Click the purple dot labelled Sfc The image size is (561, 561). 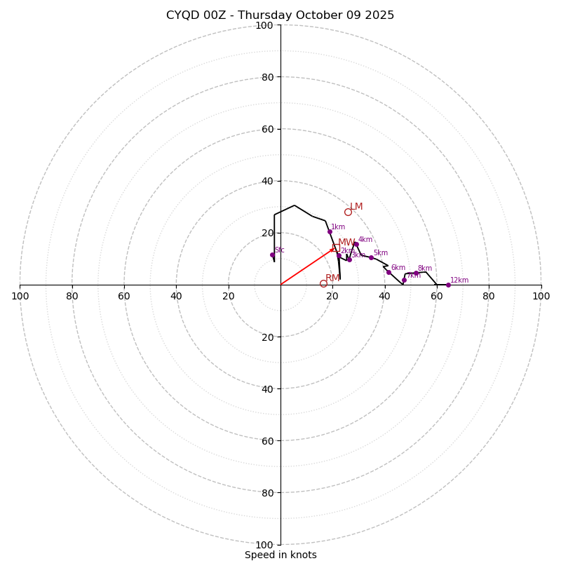coord(273,255)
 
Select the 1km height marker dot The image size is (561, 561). coord(330,231)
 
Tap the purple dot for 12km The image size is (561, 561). coord(448,285)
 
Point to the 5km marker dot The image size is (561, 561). coord(371,257)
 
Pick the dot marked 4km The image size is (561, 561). coord(356,244)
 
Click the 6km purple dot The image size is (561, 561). coord(388,272)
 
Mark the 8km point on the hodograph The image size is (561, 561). coord(415,273)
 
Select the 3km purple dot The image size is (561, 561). coord(349,259)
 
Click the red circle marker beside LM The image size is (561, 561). coord(348,212)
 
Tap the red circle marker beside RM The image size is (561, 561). coord(323,283)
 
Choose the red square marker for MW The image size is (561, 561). coord(336,248)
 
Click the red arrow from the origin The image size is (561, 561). coord(307,267)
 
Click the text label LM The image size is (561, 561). coord(357,207)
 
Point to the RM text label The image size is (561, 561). coord(332,278)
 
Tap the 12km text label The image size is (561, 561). coord(459,280)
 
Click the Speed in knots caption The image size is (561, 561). coord(280,555)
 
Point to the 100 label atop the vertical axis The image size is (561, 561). coord(264,25)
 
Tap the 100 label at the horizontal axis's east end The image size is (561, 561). coord(541,296)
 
